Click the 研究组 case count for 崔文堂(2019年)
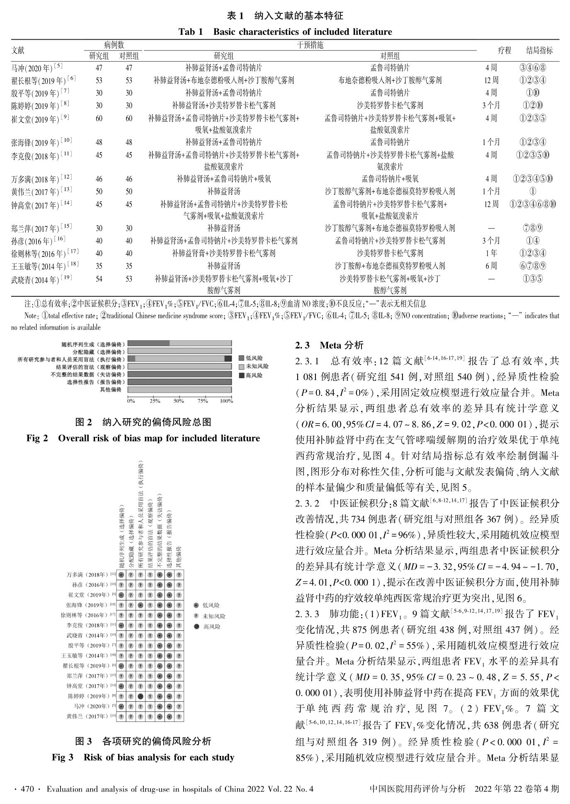(99, 118)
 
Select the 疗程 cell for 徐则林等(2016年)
(491, 253)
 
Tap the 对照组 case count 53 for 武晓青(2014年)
(129, 279)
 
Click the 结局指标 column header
(539, 51)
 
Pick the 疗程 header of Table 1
(505, 51)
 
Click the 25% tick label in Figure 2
(155, 401)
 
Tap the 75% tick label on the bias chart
(203, 401)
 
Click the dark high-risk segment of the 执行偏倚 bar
(228, 358)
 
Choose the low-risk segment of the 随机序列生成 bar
(148, 343)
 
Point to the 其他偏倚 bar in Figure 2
(179, 390)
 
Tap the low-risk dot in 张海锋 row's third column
(141, 605)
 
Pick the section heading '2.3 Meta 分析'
(329, 345)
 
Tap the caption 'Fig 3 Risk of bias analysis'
(143, 758)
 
